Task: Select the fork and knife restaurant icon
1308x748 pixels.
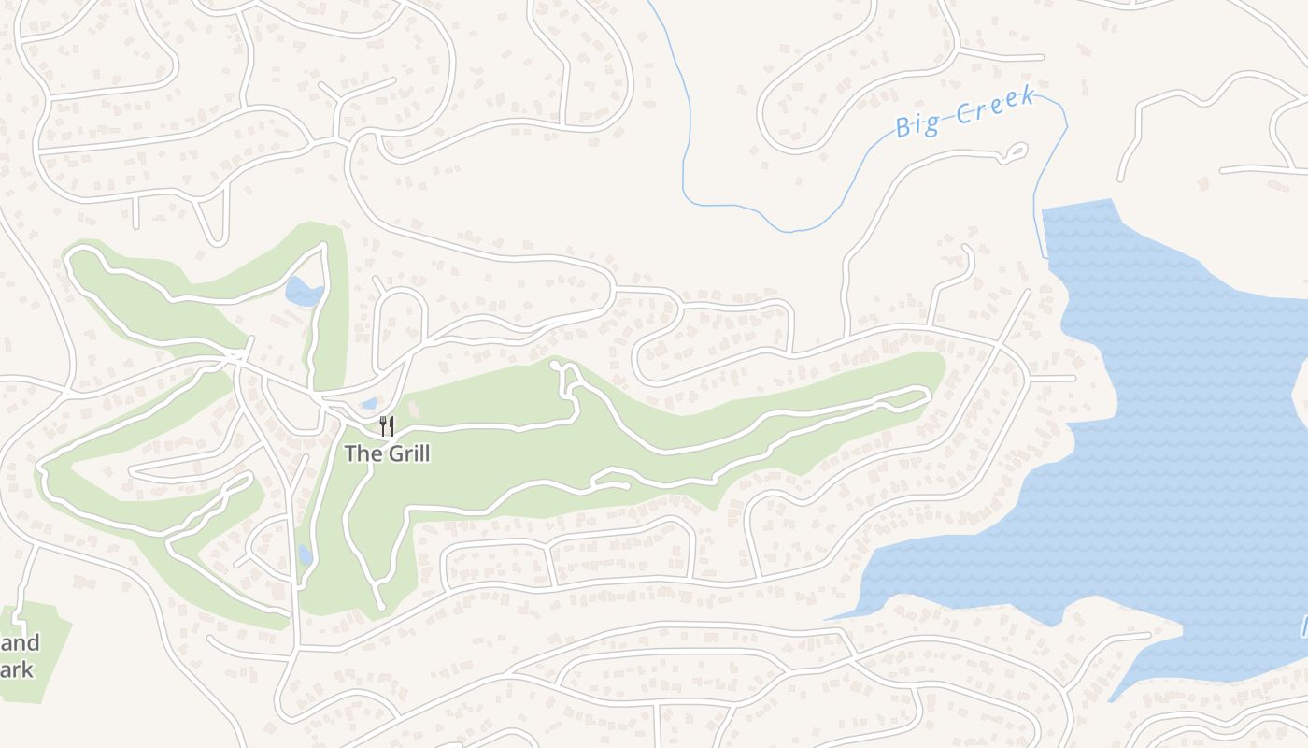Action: [387, 426]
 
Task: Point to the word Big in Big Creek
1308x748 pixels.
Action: [917, 123]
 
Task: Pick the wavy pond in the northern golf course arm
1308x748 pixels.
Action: [303, 292]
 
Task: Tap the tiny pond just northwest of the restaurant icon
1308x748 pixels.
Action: [369, 404]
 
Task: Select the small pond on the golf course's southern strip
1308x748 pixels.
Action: [306, 554]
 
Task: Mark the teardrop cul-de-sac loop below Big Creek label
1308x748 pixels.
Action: [1015, 151]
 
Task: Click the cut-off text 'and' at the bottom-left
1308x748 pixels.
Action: [20, 643]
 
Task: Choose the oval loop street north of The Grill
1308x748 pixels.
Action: [400, 318]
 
